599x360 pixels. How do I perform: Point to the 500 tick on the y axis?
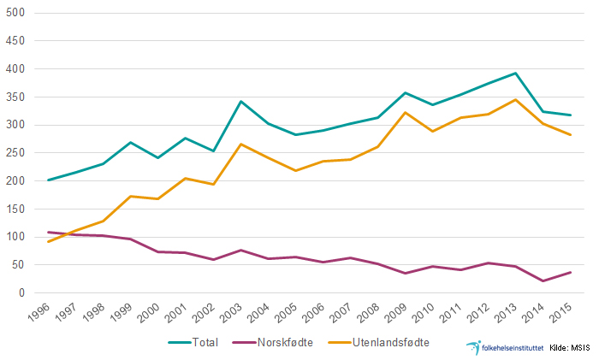[x=17, y=14]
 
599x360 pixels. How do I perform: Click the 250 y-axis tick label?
[x=17, y=153]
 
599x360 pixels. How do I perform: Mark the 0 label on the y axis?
[x=23, y=293]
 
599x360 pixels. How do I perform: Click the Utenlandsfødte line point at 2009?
[x=406, y=113]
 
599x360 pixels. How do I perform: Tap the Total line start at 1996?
[x=49, y=180]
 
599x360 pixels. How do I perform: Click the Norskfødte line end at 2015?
[x=571, y=272]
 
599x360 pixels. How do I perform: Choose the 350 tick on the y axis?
[x=17, y=97]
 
